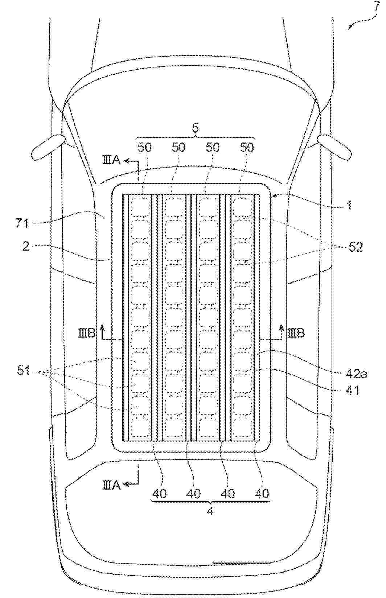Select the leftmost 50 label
pos(144,147)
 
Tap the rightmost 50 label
pos(247,147)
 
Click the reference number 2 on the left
pos(26,246)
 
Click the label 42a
pos(357,374)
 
